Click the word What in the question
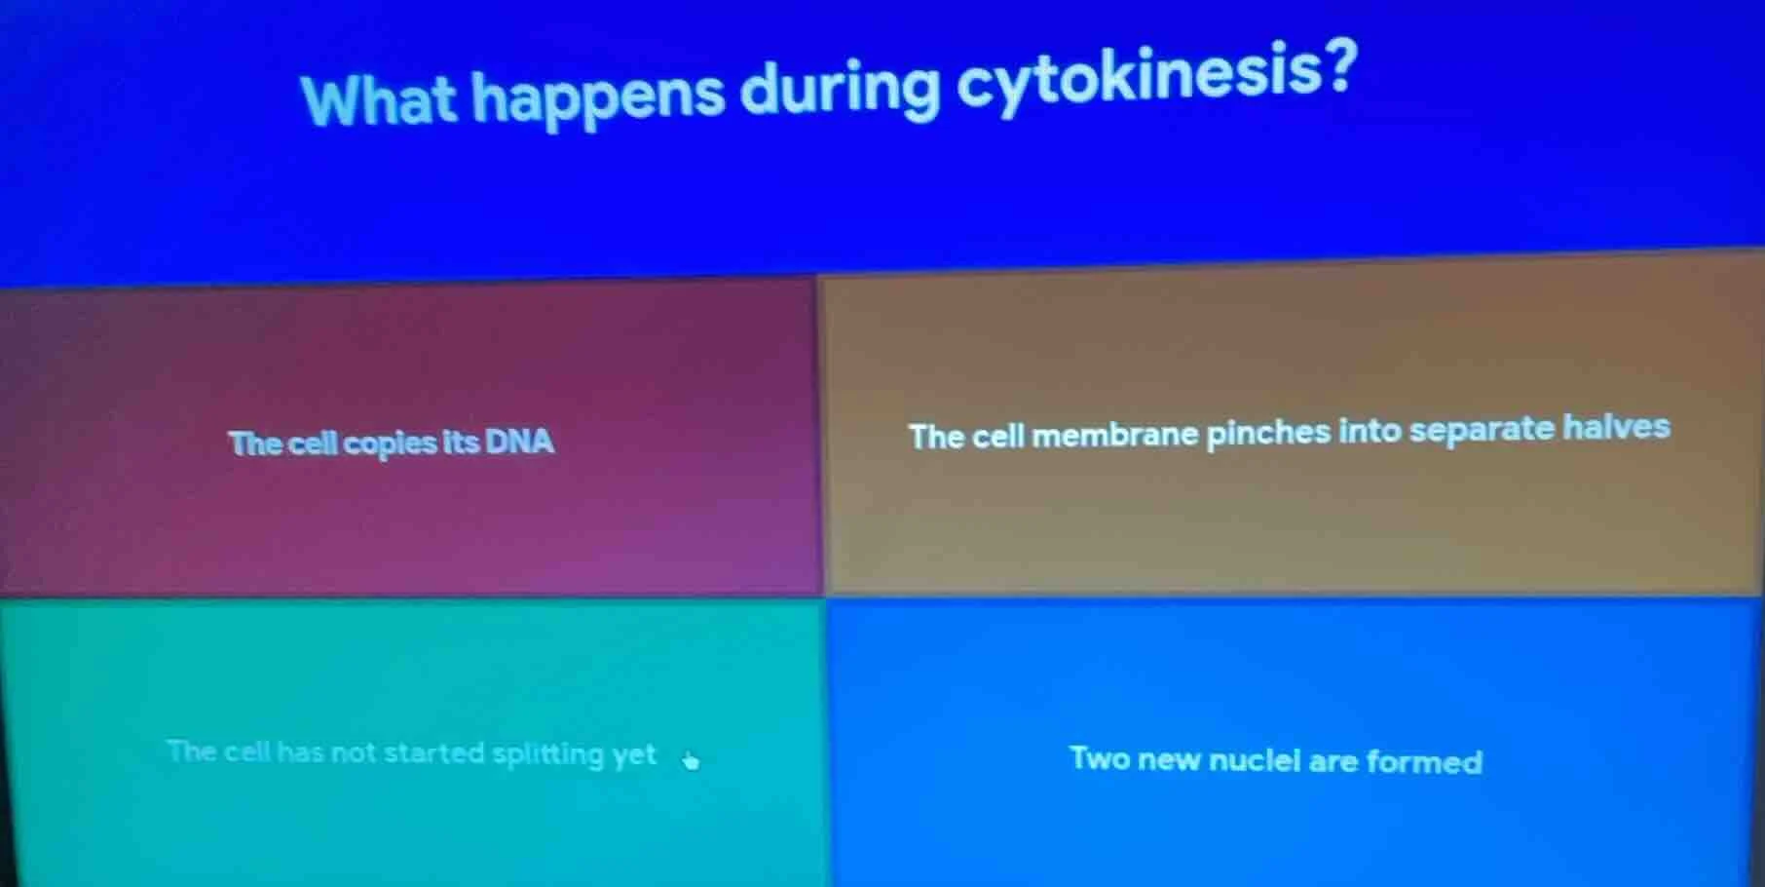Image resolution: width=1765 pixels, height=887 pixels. [x=378, y=98]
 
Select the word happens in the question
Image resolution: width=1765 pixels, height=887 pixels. [x=598, y=97]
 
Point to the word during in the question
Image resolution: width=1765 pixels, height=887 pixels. [x=840, y=91]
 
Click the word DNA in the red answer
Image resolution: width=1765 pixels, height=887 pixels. [x=519, y=442]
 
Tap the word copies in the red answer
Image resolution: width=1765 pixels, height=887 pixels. [x=390, y=443]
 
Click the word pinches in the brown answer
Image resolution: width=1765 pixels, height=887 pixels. [x=1268, y=432]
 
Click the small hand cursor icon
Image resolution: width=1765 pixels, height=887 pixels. [x=691, y=760]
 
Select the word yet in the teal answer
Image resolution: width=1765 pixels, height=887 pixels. [x=634, y=754]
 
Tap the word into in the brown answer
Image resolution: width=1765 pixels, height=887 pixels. [x=1370, y=430]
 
